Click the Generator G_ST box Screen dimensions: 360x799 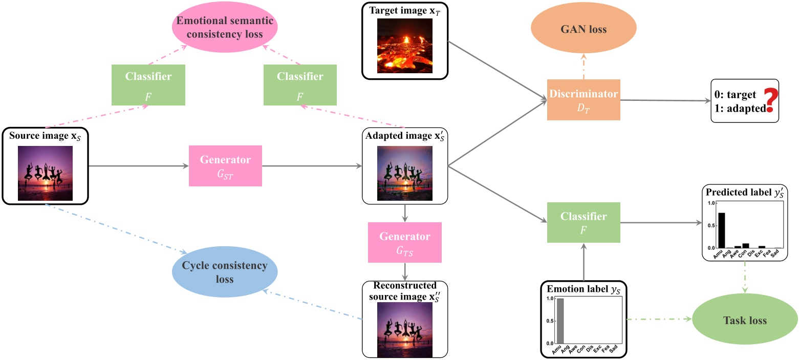[225, 165]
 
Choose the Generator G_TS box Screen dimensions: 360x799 [404, 243]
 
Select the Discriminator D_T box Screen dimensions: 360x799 [584, 99]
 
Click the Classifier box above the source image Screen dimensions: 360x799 [148, 84]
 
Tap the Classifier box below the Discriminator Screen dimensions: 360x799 [584, 222]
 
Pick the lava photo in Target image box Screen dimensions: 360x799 [404, 46]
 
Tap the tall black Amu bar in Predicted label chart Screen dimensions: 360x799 [721, 230]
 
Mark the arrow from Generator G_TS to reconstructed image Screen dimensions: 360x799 [405, 271]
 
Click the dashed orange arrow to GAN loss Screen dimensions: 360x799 [584, 67]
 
